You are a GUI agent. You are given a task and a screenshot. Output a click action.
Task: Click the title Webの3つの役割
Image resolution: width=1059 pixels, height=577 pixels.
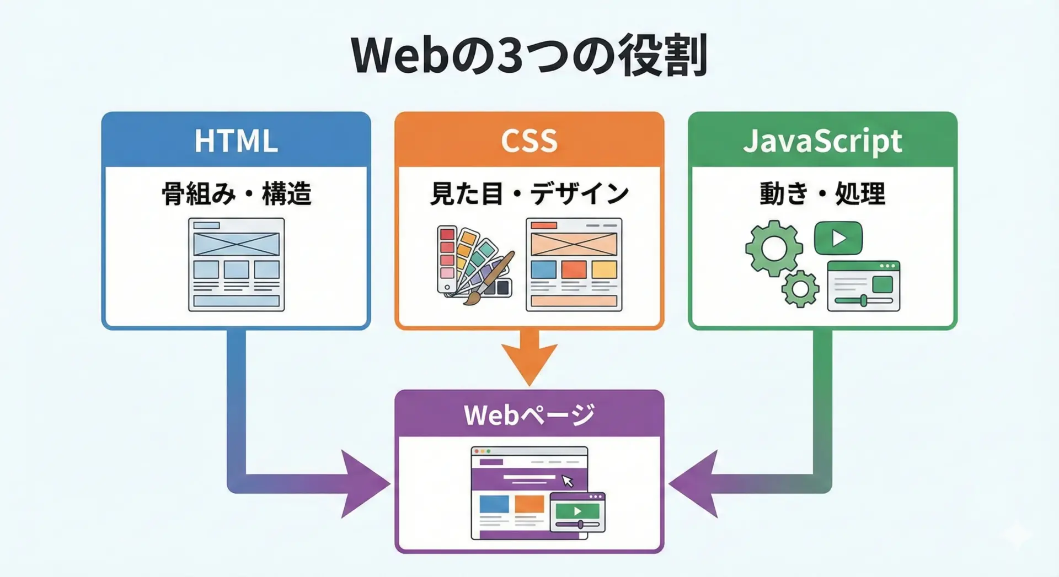[529, 55]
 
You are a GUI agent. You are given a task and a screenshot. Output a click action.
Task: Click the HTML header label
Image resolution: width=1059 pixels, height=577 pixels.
[236, 141]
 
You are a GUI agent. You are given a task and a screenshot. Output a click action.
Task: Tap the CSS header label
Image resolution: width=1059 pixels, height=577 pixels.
[529, 141]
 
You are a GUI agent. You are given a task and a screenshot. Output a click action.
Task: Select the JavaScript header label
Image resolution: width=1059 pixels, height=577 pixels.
[822, 141]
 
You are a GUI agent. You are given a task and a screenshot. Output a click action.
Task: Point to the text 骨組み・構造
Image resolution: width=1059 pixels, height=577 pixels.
[236, 194]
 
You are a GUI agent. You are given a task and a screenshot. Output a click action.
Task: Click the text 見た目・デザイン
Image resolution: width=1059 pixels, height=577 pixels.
[529, 194]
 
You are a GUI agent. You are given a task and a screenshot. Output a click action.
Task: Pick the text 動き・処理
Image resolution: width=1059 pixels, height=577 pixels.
[822, 194]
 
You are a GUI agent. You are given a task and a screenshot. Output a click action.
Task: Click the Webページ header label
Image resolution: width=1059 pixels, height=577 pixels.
[529, 415]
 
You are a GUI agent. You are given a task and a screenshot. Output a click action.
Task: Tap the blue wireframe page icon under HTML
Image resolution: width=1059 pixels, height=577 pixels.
[236, 265]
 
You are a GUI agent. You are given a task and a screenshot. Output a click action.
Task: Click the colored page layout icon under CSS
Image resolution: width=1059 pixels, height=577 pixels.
[574, 265]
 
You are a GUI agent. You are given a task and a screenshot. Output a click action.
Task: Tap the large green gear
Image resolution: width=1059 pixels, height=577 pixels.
[774, 248]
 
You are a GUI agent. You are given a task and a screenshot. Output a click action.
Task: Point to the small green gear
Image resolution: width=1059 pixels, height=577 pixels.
[800, 288]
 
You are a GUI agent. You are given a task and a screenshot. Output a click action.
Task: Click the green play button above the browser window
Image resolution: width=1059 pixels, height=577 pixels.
[838, 238]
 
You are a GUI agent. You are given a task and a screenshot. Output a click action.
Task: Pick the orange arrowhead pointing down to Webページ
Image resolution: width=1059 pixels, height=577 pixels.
[529, 361]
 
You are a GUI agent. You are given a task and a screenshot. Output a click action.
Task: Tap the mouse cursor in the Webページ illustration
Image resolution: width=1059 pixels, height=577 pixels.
[568, 481]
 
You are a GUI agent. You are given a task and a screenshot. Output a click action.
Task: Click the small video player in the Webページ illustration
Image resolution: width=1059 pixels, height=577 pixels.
[577, 513]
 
